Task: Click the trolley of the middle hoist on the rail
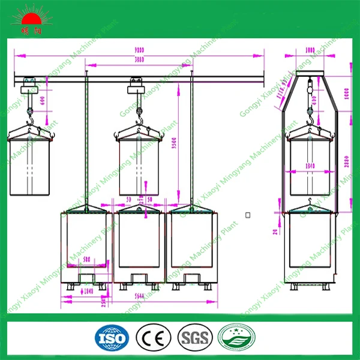click(x=136, y=88)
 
